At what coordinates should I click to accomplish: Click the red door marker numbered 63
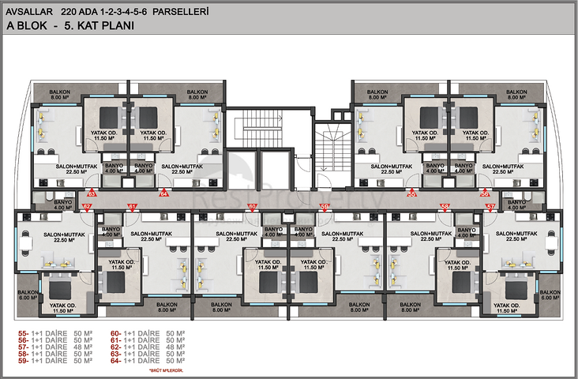click(92, 193)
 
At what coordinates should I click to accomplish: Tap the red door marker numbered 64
click(164, 193)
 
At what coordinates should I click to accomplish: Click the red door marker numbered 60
click(253, 207)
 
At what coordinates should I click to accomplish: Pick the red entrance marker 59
click(325, 207)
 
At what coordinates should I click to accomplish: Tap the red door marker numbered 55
click(411, 193)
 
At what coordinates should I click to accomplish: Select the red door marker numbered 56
click(486, 193)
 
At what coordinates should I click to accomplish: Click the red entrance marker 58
click(445, 207)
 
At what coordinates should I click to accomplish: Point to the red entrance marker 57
click(490, 207)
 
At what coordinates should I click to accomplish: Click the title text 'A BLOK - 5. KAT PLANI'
click(70, 26)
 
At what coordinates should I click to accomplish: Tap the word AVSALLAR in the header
click(28, 12)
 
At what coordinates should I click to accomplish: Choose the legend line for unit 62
click(148, 347)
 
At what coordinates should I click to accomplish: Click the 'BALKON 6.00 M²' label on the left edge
click(28, 295)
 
